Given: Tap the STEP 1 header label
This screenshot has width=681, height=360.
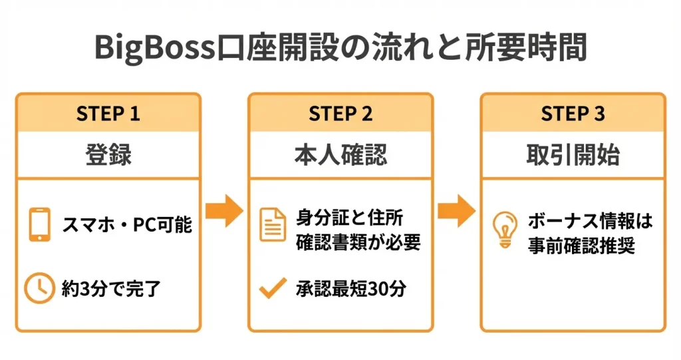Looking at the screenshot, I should pyautogui.click(x=108, y=114).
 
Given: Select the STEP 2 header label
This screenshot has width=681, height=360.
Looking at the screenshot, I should pyautogui.click(x=340, y=114).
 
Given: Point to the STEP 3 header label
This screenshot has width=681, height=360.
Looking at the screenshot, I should pyautogui.click(x=573, y=114).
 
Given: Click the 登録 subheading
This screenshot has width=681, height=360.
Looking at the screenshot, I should pyautogui.click(x=108, y=155).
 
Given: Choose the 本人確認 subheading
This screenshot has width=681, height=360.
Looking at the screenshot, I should pyautogui.click(x=340, y=155).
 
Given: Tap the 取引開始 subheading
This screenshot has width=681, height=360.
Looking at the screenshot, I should pyautogui.click(x=573, y=155).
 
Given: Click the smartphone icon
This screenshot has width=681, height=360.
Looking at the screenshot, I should pyautogui.click(x=40, y=225).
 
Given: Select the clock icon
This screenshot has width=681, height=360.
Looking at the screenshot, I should pyautogui.click(x=39, y=288).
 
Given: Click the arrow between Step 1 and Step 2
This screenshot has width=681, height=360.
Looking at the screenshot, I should pyautogui.click(x=224, y=211).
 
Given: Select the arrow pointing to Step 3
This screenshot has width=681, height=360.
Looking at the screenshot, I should pyautogui.click(x=456, y=211).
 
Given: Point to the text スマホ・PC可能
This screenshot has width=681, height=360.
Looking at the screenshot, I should pyautogui.click(x=127, y=225).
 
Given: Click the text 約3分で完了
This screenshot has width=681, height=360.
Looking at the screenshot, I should pyautogui.click(x=111, y=289).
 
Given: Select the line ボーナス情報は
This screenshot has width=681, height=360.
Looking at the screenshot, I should pyautogui.click(x=591, y=220).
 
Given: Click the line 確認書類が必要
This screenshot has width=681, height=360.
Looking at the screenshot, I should pyautogui.click(x=358, y=242).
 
